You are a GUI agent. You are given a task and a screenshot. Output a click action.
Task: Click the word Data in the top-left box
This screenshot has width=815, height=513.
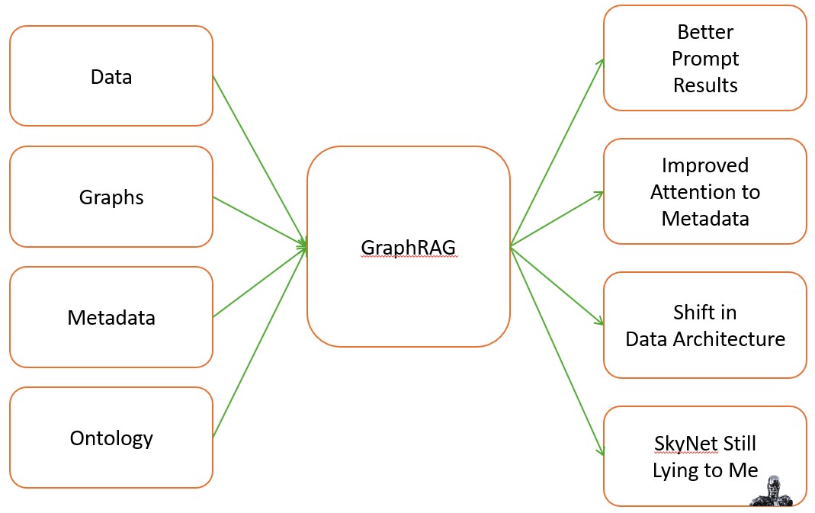111,77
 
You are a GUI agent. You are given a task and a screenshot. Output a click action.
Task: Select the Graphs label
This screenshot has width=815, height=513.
111,197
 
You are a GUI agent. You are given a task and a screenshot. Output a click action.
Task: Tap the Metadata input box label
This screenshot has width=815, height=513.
111,317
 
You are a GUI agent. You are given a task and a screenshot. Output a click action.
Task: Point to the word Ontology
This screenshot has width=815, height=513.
111,438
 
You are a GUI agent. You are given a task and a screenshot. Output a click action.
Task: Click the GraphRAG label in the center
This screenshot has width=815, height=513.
409,247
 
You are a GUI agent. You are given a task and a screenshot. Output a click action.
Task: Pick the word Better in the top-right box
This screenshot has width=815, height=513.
704,32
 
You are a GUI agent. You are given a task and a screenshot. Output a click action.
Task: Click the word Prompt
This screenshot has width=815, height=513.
705,59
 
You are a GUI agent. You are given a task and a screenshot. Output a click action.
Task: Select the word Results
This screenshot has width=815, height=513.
705,85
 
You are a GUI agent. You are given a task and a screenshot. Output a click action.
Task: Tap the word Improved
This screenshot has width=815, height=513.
705,165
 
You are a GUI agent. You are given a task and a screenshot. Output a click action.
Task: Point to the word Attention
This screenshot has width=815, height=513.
705,192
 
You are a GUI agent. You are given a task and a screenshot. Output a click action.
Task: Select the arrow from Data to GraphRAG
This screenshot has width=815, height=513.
259,160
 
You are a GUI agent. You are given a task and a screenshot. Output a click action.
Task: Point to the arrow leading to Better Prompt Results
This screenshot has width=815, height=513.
557,152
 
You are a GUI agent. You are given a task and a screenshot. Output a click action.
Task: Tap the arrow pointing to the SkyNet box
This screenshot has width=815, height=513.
557,351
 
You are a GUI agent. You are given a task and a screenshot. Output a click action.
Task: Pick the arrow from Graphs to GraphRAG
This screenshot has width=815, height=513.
259,221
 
